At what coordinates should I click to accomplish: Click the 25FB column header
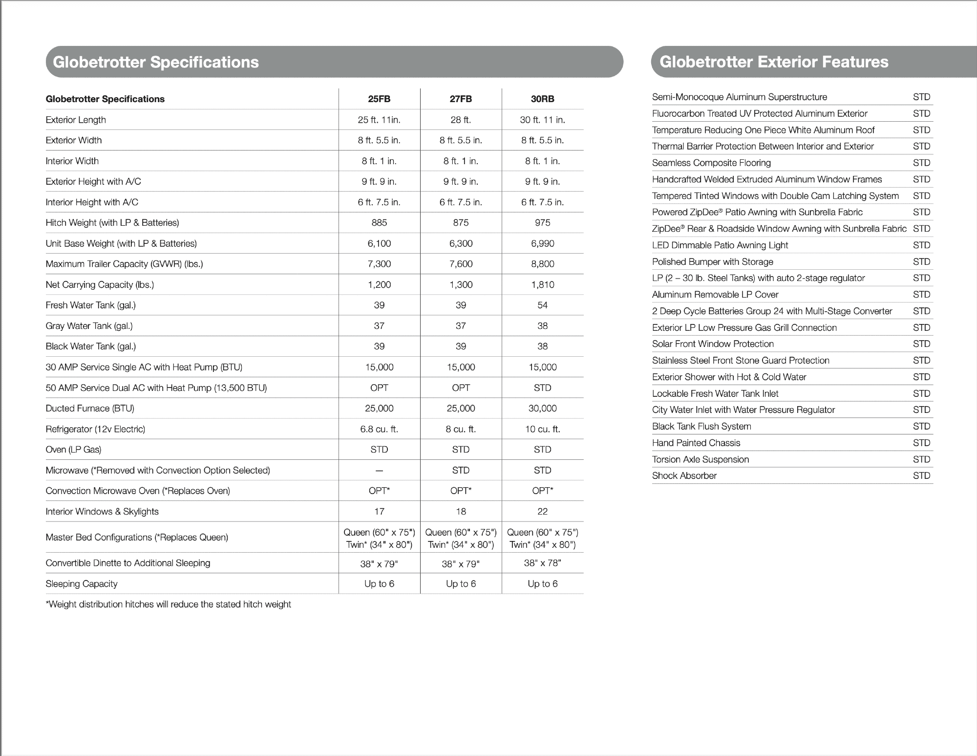(379, 99)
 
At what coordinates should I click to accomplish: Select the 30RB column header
(542, 99)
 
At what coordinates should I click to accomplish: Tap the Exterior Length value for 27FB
(461, 120)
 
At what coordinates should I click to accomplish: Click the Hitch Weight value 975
(542, 223)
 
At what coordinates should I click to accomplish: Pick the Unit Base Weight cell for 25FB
(379, 243)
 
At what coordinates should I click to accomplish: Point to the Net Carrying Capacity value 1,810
(542, 284)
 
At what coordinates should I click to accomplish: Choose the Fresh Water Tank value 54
(542, 305)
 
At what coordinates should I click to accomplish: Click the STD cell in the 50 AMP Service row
(542, 388)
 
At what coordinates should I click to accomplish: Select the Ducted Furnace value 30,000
(542, 409)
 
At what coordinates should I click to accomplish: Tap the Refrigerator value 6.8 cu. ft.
(379, 429)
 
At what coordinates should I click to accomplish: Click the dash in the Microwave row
(379, 471)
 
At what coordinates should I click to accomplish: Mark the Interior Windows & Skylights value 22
(542, 512)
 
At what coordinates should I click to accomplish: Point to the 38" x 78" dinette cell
(542, 563)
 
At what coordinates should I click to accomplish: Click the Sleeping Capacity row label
(82, 584)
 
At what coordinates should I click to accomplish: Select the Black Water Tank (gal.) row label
(91, 346)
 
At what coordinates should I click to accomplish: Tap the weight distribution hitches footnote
(168, 605)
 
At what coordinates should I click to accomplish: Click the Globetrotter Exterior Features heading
(774, 62)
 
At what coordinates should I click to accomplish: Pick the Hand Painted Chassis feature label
(696, 443)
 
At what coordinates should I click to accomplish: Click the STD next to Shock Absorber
(921, 476)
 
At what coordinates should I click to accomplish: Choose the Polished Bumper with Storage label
(713, 262)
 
